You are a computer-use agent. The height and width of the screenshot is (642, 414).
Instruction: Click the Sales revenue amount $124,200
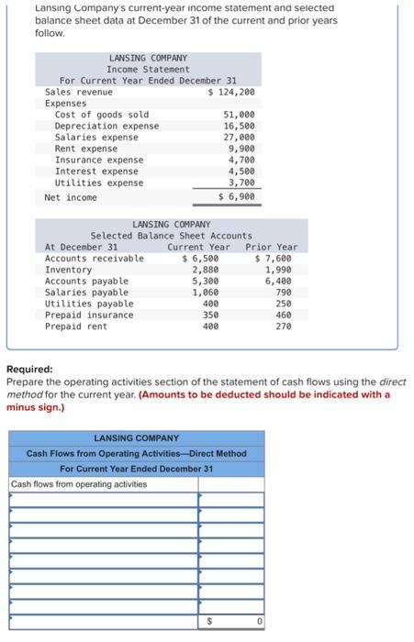(x=231, y=92)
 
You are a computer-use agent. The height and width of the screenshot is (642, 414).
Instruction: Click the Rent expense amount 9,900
(x=241, y=149)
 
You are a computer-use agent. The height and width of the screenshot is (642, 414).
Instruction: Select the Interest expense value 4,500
(x=241, y=171)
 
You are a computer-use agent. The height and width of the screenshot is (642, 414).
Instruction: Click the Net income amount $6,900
(x=236, y=197)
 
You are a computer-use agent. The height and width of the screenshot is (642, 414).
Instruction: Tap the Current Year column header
(x=198, y=247)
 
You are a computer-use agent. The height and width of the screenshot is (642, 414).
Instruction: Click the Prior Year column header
(x=272, y=247)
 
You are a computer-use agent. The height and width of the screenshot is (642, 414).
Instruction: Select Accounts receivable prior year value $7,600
(x=274, y=259)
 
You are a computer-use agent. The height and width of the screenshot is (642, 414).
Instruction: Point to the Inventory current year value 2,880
(x=205, y=270)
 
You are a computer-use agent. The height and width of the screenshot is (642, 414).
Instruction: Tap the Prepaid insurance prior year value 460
(x=283, y=315)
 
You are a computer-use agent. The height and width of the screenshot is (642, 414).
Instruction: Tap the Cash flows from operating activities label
(x=79, y=483)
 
